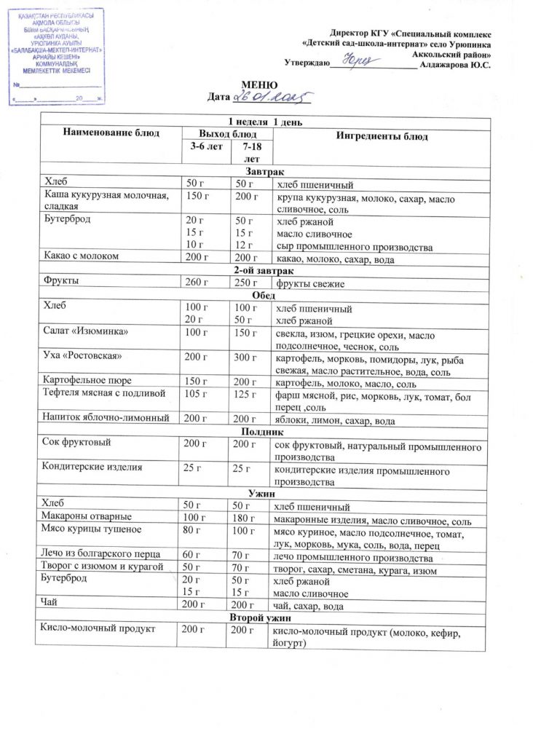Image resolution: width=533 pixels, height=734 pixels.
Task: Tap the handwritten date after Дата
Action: pyautogui.click(x=271, y=97)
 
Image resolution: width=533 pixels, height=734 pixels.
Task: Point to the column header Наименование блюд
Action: pyautogui.click(x=111, y=133)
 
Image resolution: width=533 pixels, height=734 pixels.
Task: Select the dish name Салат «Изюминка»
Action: pyautogui.click(x=86, y=332)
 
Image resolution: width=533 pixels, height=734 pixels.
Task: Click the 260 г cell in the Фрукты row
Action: pyautogui.click(x=197, y=282)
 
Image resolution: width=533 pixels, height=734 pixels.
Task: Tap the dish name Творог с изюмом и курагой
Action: pyautogui.click(x=103, y=567)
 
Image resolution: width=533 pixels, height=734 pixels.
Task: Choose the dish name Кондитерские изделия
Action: pyautogui.click(x=92, y=467)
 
